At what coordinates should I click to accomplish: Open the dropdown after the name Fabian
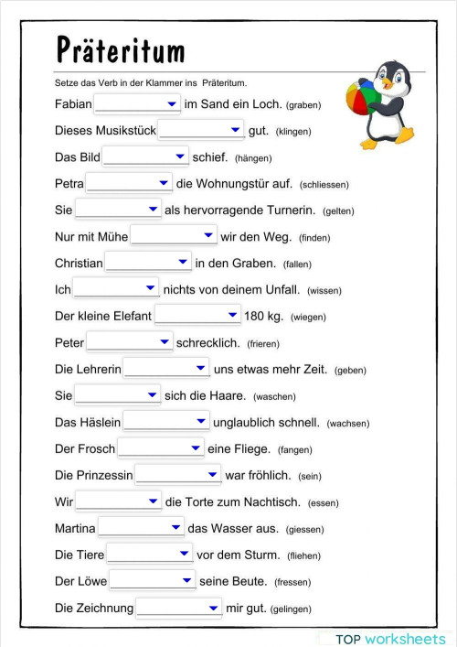pos(137,104)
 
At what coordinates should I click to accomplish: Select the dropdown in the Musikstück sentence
pos(201,131)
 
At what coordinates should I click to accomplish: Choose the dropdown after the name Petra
pos(129,184)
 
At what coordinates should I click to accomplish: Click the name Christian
pos(79,264)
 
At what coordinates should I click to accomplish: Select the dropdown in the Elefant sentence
pos(197,316)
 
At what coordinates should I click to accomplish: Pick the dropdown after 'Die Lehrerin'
pos(166,370)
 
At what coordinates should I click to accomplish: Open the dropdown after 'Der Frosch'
pos(161,448)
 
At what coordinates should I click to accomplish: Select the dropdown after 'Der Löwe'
pos(152,581)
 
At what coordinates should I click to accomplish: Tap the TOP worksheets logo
pos(390,638)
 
